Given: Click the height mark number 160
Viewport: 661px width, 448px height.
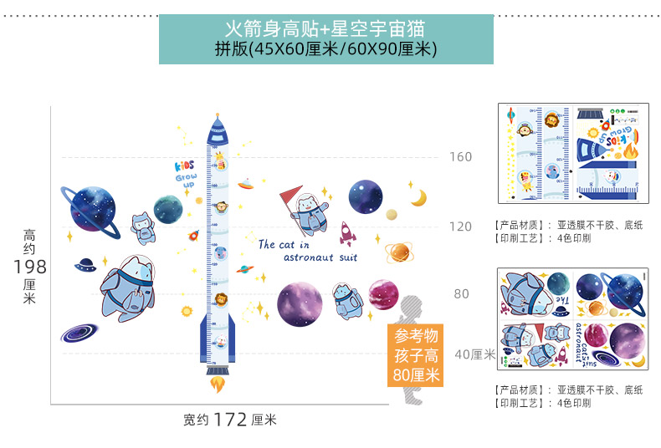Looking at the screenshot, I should (461, 156).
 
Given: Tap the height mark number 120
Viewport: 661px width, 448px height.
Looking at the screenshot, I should (461, 227).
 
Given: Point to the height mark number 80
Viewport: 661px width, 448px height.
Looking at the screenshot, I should (461, 294).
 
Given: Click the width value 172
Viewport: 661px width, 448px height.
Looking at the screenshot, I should (230, 420).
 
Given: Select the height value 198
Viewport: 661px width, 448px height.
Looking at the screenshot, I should (29, 267).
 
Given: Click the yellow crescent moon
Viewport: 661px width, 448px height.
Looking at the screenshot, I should (418, 197).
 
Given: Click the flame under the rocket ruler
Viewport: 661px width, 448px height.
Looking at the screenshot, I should (218, 384).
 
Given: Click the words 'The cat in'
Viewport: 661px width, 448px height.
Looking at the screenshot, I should (284, 245).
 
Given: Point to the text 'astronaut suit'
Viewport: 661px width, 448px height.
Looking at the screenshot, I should (320, 258).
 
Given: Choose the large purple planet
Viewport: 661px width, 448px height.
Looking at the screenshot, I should (300, 304).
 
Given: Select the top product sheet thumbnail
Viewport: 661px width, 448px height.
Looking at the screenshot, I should (573, 153).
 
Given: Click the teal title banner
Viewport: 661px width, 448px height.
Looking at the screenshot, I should (326, 39).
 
